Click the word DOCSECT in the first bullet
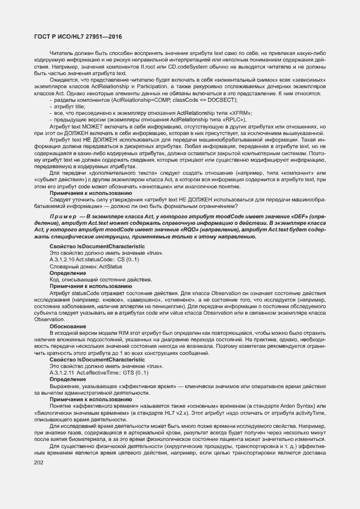(225, 101)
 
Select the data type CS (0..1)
(129, 260)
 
